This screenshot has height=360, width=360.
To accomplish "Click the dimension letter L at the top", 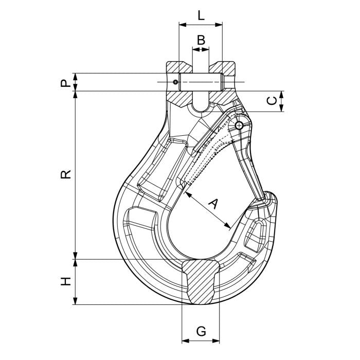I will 201,14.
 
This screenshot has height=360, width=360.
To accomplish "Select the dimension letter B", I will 201,39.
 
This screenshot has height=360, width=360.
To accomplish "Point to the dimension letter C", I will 273,101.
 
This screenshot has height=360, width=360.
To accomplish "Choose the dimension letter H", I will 65,281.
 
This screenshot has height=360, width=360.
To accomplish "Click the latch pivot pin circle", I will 239,125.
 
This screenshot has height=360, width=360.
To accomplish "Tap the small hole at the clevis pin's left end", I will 176,82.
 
